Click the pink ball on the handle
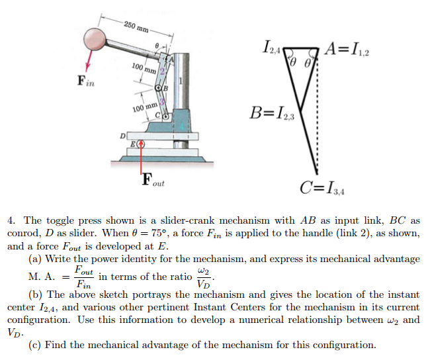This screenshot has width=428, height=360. coord(95,39)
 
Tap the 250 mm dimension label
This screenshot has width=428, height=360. coord(136,26)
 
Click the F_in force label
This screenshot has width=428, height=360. coord(86,81)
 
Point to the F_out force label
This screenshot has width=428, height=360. coord(153,180)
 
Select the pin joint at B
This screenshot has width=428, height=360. coord(158,88)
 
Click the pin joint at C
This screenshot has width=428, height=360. coord(165,116)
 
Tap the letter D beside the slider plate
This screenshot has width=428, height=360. coord(123,136)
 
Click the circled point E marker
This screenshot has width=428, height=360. coord(141,144)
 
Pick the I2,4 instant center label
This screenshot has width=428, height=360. coord(272,48)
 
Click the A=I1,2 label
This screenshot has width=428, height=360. coord(347,50)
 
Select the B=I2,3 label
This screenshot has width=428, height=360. coord(272,113)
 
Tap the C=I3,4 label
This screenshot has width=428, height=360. coord(322,188)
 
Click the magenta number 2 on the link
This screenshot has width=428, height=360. coord(163,71)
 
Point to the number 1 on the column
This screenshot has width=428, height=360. coord(181,81)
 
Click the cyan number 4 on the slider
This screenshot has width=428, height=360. coord(181,126)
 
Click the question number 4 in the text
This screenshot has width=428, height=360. coord(11,220)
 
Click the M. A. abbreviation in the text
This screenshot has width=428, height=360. coord(42,277)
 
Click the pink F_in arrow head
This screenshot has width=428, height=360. coord(87,67)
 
